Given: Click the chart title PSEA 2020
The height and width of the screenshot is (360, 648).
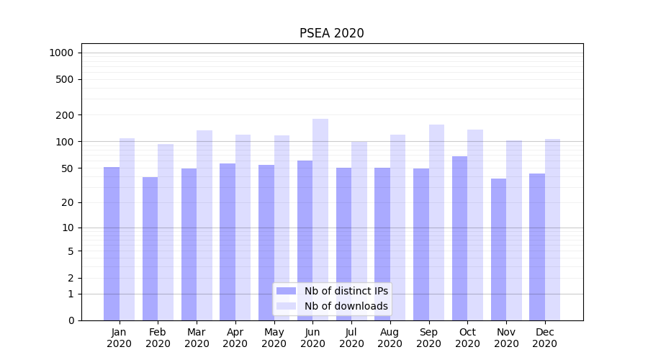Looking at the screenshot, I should coord(331,33).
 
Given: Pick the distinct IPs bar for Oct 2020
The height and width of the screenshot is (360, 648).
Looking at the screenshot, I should coord(459,238).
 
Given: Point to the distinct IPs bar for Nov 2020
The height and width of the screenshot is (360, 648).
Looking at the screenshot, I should coord(498,249).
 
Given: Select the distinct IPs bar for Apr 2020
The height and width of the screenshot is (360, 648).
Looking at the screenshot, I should coord(228,241).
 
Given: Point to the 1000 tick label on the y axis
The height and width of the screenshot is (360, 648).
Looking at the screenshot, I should coord(61,53).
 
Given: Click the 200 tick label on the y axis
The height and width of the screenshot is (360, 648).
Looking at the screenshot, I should coord(64,115).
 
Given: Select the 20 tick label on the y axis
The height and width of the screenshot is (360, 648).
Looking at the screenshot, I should coord(67,202).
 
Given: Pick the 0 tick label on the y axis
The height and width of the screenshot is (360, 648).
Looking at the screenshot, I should coord(71,320).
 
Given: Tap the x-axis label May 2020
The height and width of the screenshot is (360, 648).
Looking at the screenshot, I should coord(274,338).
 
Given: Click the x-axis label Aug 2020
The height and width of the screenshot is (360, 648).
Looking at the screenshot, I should coord(390,338).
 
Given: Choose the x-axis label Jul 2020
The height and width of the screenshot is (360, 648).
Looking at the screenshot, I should coord(351,338).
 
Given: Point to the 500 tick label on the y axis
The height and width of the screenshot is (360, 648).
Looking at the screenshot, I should coord(64,79).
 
